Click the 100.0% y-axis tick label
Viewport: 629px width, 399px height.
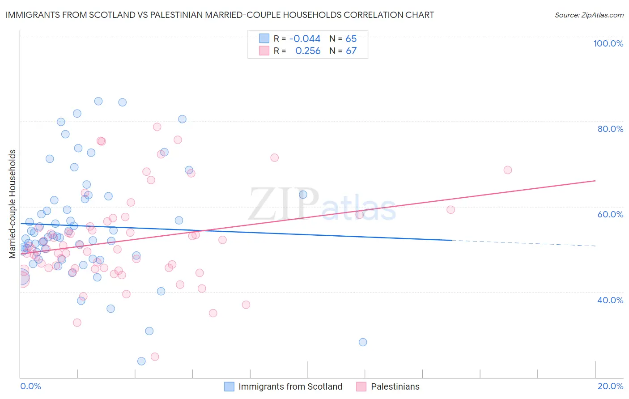(608, 43)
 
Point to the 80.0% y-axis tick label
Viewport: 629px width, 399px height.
(610, 129)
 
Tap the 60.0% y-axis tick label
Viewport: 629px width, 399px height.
(610, 214)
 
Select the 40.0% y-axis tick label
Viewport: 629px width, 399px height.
(610, 300)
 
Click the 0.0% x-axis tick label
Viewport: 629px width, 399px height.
(30, 386)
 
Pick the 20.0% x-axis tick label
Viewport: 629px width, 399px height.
(610, 386)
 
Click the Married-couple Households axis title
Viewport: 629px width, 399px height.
(13, 204)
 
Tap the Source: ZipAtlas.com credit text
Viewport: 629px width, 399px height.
(589, 15)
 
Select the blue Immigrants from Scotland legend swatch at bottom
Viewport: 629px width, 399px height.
(229, 386)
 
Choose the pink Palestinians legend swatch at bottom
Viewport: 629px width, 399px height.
(361, 386)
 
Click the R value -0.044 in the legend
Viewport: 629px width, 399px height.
(305, 39)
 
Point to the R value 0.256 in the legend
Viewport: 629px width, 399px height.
(308, 51)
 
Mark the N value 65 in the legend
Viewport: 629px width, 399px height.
(351, 39)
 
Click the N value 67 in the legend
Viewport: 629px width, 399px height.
(351, 51)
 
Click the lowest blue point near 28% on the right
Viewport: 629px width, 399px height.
(363, 342)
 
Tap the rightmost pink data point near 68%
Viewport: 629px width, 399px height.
(507, 170)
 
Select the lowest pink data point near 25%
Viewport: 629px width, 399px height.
(155, 357)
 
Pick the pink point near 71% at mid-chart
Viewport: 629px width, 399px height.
(274, 157)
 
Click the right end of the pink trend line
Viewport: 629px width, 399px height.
(595, 181)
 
